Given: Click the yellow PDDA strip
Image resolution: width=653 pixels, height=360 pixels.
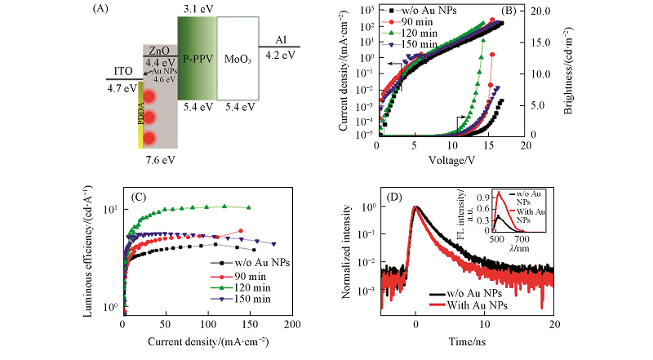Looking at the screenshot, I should [140, 114].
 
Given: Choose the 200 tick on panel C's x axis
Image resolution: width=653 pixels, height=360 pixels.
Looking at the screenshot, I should [292, 323].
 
